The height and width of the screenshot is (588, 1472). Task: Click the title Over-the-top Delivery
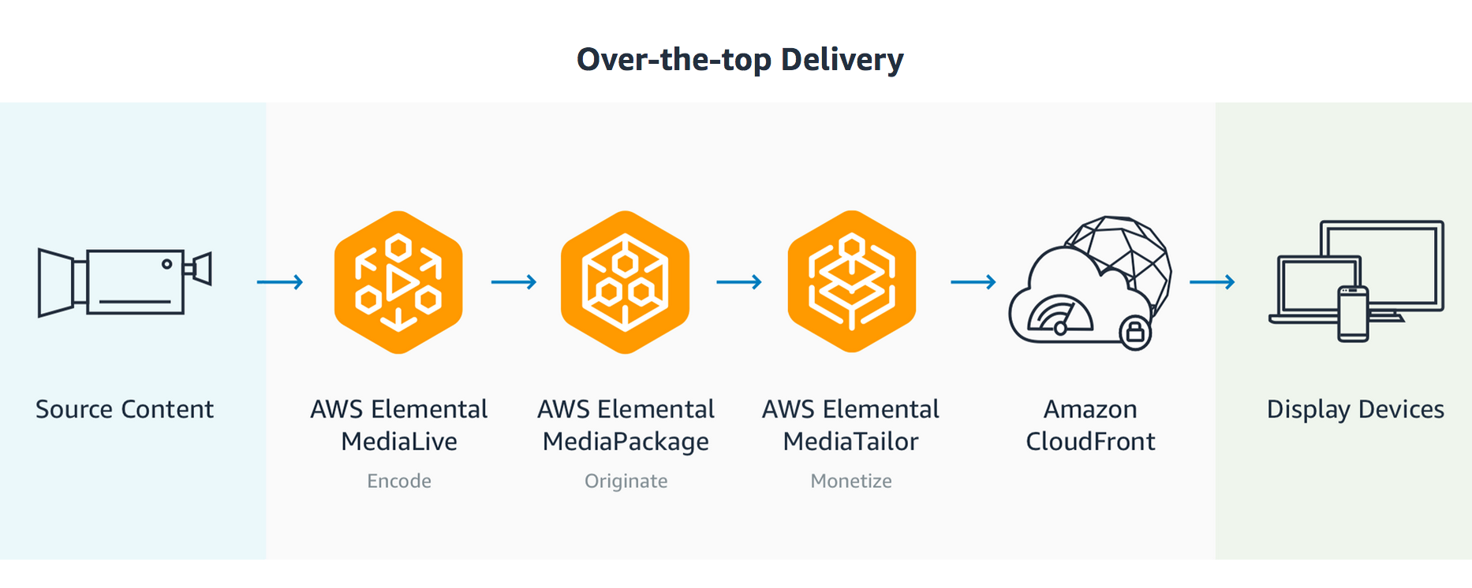[740, 60]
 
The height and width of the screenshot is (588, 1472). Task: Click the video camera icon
[125, 282]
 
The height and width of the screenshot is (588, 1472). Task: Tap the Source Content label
[125, 409]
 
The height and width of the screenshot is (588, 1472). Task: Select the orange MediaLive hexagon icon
[398, 282]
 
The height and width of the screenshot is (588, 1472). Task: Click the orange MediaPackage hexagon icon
[625, 282]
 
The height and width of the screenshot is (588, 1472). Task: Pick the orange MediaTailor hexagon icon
[851, 282]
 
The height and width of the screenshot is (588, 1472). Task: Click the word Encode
[399, 481]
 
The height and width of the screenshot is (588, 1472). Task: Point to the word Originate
[626, 481]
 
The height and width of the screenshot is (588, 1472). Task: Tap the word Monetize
[851, 481]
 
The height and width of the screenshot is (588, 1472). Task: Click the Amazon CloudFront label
[1090, 425]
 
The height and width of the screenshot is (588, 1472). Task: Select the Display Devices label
[1355, 409]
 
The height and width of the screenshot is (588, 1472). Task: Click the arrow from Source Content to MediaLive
[280, 282]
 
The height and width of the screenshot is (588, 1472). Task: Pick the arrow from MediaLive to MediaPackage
[514, 282]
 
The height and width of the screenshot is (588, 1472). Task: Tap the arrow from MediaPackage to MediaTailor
[739, 282]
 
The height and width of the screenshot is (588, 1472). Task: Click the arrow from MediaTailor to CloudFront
[973, 282]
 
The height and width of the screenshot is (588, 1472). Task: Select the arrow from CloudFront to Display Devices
[1212, 282]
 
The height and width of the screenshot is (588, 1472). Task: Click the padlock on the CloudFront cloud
[1135, 332]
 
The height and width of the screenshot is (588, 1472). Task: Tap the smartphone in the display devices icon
[1353, 314]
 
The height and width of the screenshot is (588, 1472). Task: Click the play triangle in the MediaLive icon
[402, 282]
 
